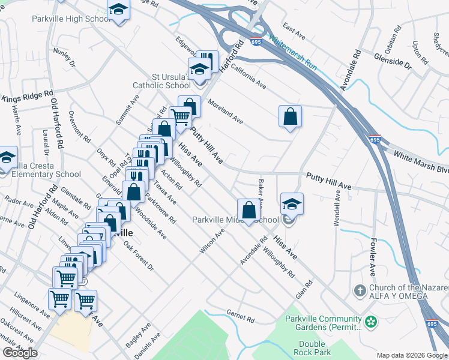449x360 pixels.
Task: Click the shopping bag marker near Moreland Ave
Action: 290,116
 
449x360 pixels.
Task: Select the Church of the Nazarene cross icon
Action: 360,291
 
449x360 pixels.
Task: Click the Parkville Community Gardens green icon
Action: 372,322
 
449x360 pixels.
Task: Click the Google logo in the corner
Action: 20,353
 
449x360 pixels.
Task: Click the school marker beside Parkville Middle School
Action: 292,204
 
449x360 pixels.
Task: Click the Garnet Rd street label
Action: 241,313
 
